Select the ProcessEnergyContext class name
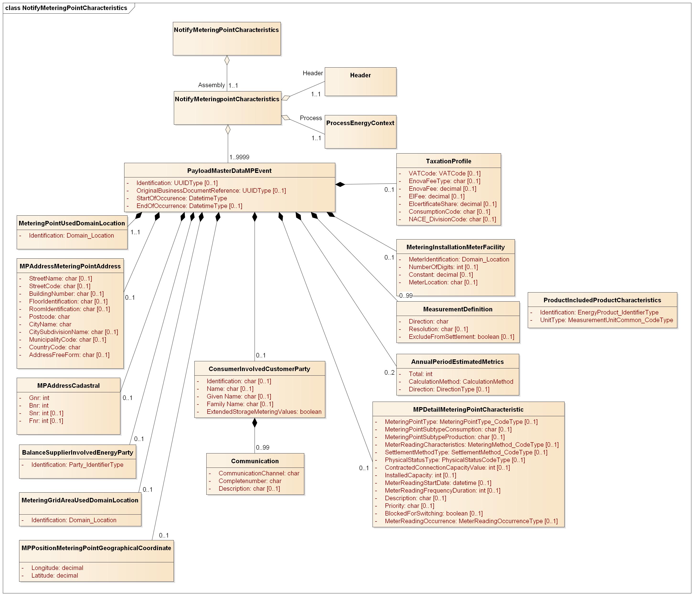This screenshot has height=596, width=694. pos(360,123)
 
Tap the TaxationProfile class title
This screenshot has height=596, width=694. pos(448,161)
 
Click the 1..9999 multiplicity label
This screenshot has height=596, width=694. pos(239,157)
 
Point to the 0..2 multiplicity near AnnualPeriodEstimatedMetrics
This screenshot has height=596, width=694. pos(389,373)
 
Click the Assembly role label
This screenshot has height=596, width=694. pos(211,85)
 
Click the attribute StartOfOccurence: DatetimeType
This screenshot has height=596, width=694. pos(182,198)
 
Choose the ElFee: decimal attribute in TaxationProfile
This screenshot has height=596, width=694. pos(436,197)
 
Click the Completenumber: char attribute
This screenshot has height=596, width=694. pos(250,481)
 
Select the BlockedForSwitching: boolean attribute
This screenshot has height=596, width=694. pos(433,513)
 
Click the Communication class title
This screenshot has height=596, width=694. pos(255,461)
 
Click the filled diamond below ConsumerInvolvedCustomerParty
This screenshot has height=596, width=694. pos(255,423)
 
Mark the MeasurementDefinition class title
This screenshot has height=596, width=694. pos(458,309)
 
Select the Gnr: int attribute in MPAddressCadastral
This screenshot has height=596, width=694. pos(39,398)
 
